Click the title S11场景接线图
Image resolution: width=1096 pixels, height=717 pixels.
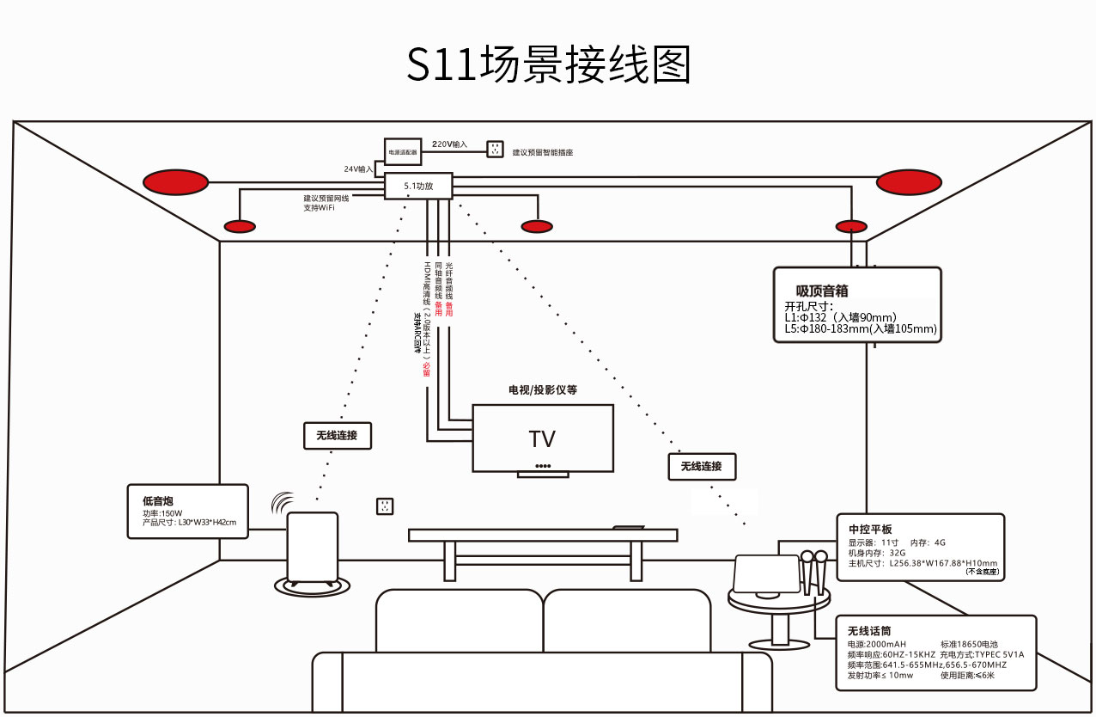point(548,64)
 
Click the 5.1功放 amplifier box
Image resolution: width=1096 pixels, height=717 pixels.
point(418,186)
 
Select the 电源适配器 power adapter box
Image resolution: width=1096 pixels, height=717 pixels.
point(402,151)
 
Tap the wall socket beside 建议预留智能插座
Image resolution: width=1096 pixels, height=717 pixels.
point(495,150)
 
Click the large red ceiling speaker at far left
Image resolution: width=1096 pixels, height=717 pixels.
point(175,182)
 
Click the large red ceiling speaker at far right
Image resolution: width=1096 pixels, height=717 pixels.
point(909,182)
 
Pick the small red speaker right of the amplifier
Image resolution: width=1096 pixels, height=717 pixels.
point(537,226)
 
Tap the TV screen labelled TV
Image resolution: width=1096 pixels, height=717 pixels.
point(543,438)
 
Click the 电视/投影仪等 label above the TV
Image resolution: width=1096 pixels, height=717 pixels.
point(543,389)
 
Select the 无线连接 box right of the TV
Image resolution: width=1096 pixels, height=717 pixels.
point(702,466)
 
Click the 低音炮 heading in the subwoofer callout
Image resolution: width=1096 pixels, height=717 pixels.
point(158,500)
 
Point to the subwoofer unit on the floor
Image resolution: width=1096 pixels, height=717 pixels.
point(312,548)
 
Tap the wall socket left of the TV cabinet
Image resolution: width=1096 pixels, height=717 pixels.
point(385,506)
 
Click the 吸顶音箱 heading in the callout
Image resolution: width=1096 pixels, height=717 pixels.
point(822,291)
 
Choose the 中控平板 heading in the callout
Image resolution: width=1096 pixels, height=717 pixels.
point(870,529)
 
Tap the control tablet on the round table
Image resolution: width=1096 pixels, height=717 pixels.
point(767,573)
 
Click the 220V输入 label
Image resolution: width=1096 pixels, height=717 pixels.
point(449,144)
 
